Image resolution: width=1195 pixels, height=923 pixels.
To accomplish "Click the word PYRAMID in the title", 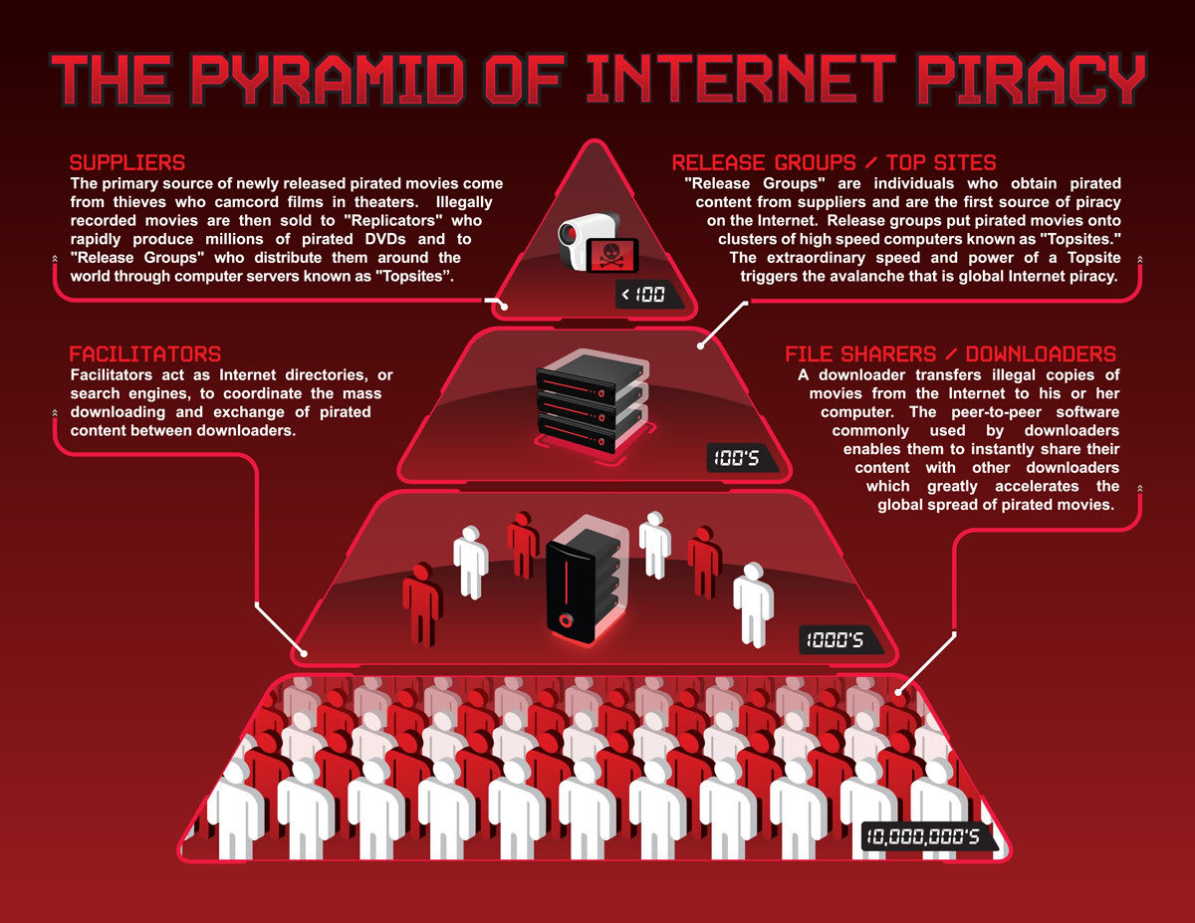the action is point(328,80).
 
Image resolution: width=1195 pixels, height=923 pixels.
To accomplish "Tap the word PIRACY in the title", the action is point(1032,80).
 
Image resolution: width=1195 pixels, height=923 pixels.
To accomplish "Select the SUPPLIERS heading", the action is point(127,162).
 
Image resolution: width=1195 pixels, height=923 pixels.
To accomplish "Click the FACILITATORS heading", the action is point(145,354).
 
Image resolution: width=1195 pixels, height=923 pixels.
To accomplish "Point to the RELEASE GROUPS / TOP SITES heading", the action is point(834,162).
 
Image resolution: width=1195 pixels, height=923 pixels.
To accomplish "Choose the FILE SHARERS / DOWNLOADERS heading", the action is point(950,354).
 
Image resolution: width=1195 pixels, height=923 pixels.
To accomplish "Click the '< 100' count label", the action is point(643,295).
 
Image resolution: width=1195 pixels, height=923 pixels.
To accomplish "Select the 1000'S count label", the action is point(835,640).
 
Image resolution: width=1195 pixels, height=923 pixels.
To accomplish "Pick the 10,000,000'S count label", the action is point(924,836).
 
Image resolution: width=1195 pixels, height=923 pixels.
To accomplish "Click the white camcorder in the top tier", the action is point(586,240).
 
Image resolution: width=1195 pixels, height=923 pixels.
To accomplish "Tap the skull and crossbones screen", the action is point(611,256).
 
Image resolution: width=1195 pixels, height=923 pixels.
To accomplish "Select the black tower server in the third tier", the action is point(587,578).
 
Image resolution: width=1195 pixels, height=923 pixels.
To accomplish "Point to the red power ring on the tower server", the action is point(566,620).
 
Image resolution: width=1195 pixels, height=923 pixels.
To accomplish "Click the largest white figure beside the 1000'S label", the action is point(753,604).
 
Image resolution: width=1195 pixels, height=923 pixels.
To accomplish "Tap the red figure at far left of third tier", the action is point(421,603).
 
